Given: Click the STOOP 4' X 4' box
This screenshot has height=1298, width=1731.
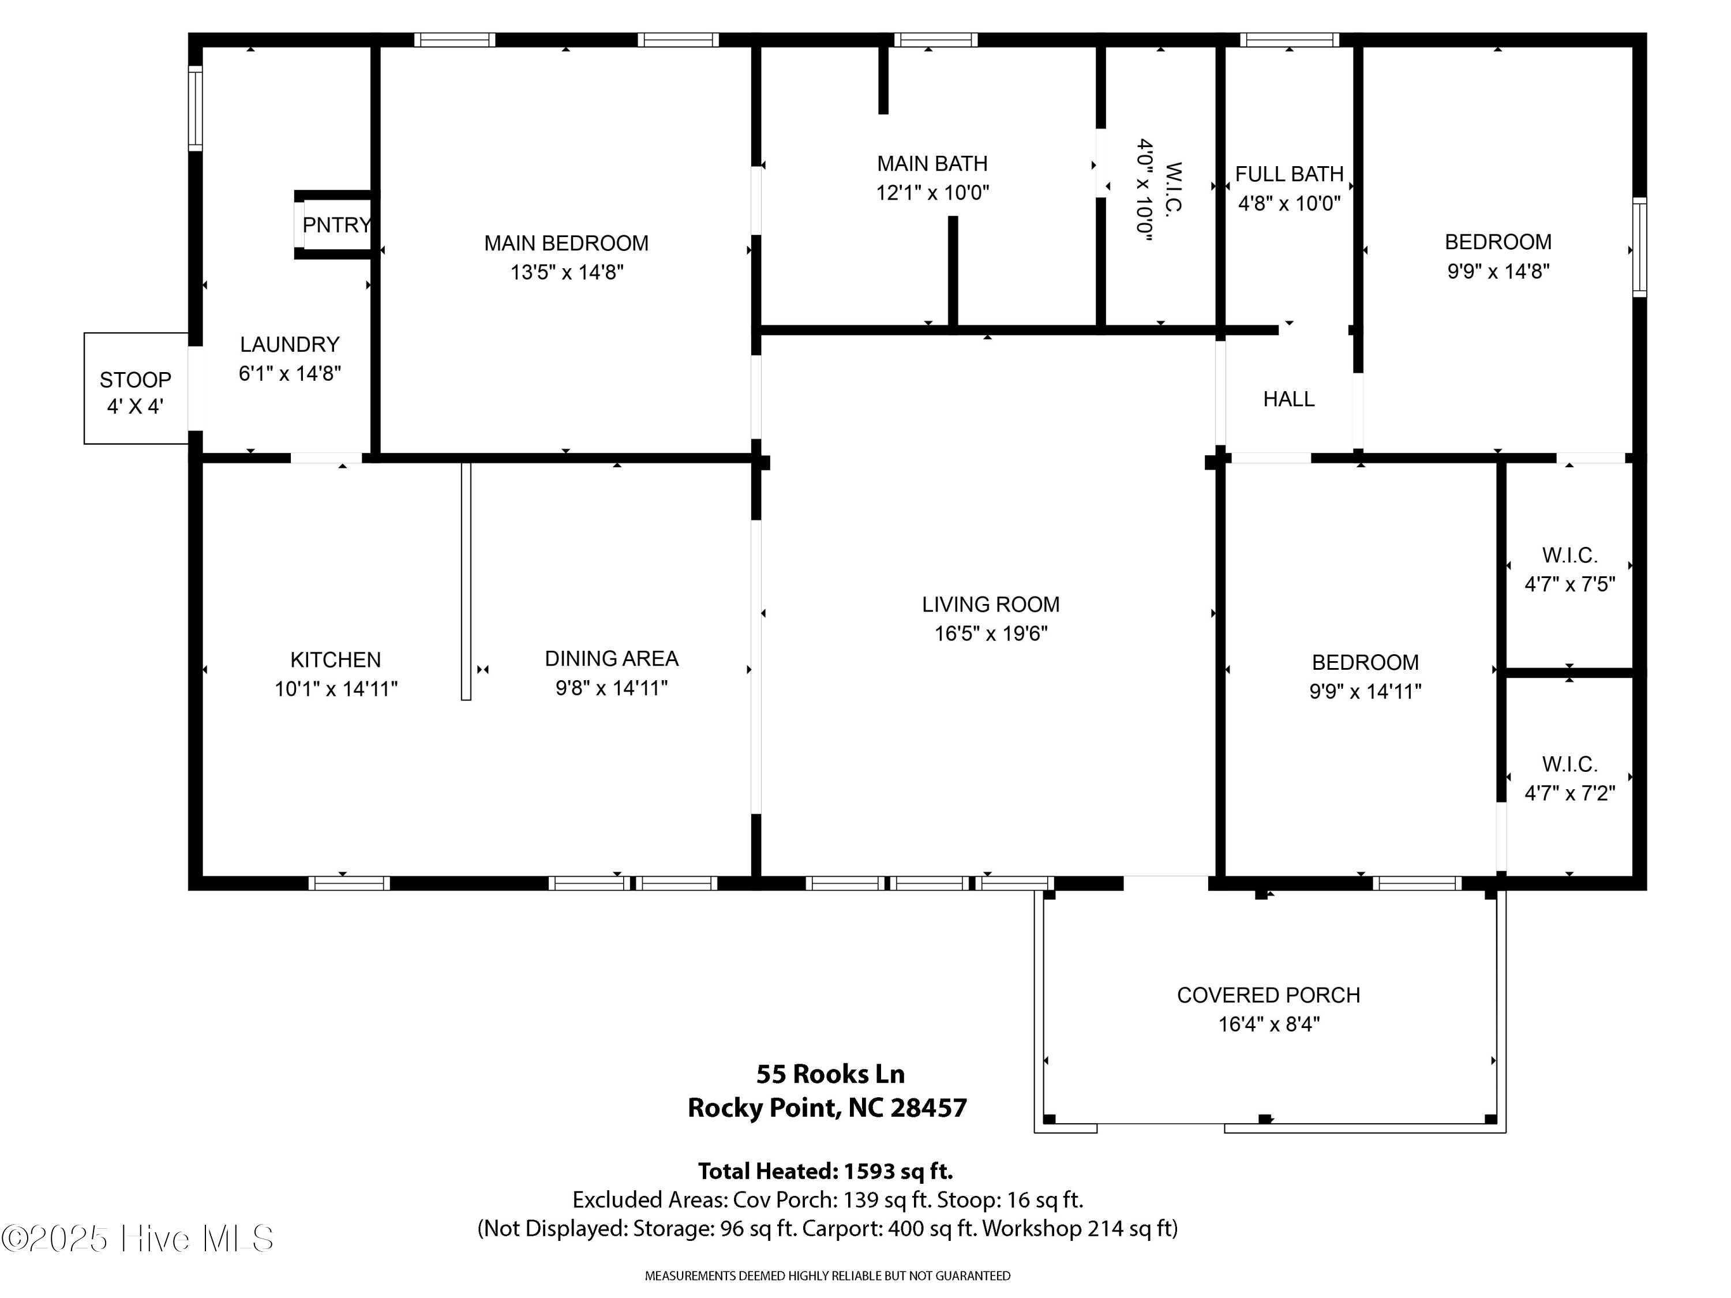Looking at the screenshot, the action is (x=136, y=388).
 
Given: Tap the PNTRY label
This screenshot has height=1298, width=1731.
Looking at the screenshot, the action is (x=336, y=226).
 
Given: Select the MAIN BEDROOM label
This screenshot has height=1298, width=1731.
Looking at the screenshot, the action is (x=567, y=243).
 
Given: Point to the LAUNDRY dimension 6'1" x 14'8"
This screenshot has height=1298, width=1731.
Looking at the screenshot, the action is (x=290, y=374).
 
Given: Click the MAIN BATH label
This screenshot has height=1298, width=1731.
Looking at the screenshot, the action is (x=932, y=163).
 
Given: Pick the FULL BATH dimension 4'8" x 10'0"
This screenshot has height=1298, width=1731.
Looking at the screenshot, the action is (x=1290, y=204).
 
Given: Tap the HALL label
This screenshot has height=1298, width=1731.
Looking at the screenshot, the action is (x=1289, y=399).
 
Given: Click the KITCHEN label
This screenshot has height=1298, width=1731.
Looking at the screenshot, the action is (x=336, y=659).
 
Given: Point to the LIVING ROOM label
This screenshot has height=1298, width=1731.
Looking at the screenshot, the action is (x=991, y=604).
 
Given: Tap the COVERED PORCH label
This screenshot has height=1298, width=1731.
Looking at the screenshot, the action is (x=1268, y=995).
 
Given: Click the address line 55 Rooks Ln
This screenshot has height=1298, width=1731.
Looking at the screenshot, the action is (x=830, y=1074).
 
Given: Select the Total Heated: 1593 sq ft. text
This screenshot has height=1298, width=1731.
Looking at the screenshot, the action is (x=826, y=1171).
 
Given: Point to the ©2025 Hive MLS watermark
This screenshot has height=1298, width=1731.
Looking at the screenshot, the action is (x=138, y=1239).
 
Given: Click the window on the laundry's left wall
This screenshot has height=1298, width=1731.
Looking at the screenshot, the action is (x=196, y=108).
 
